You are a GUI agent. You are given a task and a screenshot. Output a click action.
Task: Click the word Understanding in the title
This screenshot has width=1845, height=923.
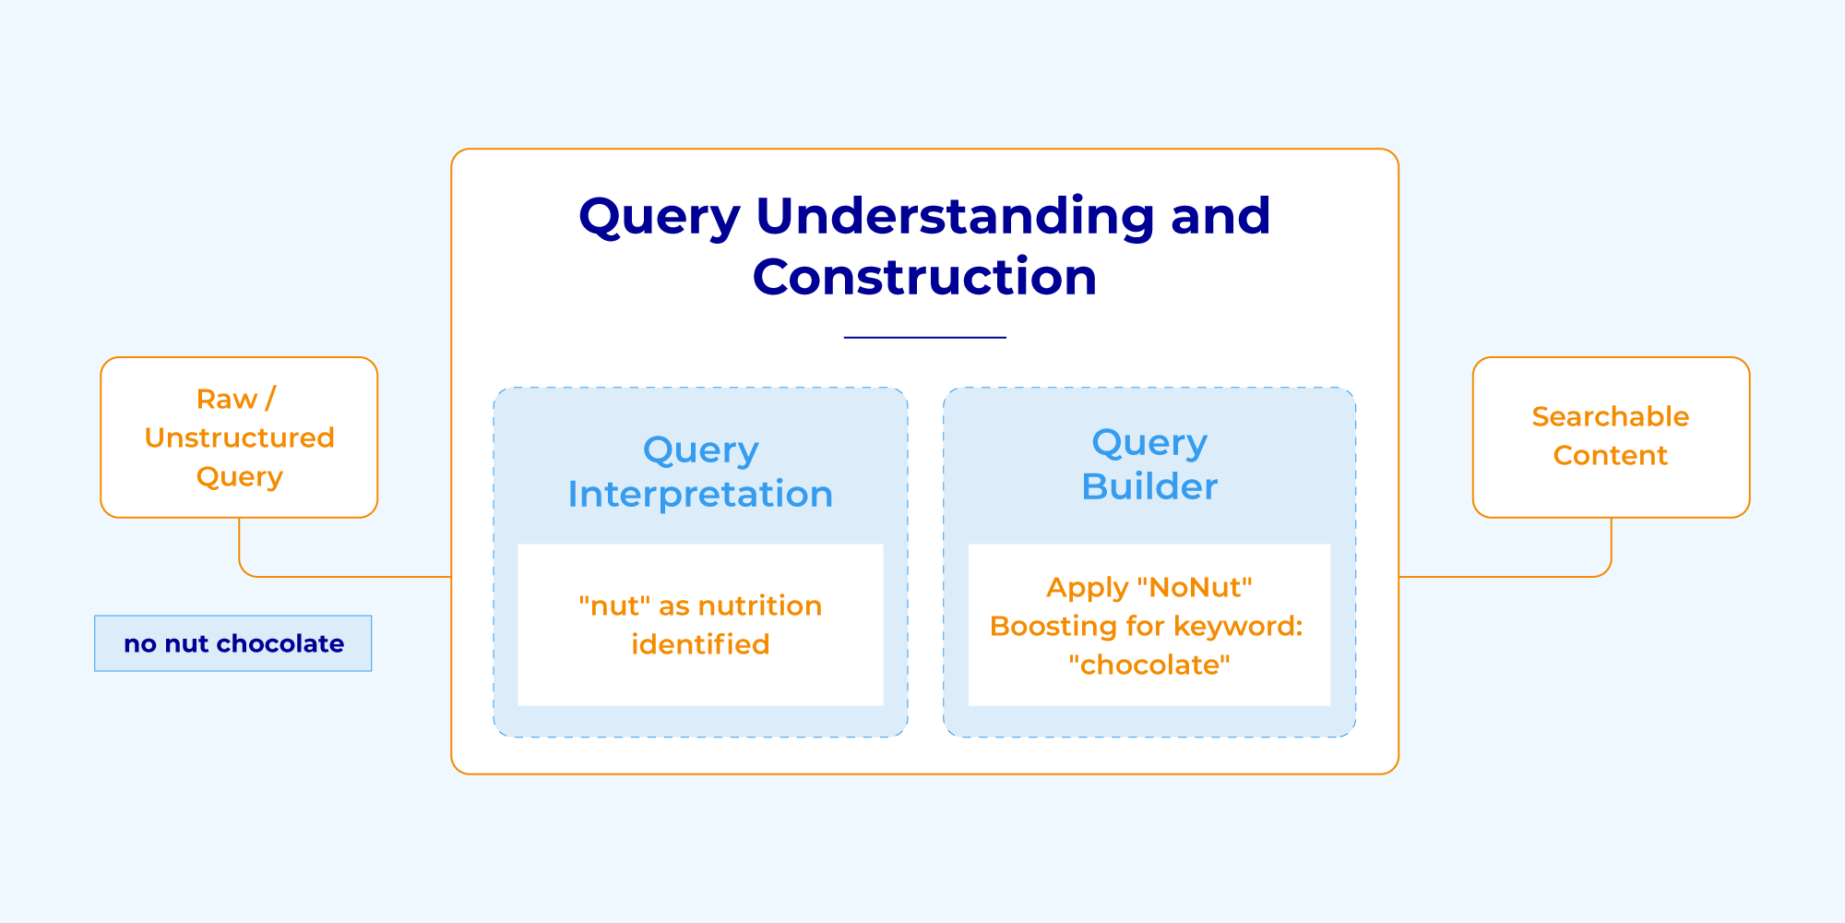(x=955, y=216)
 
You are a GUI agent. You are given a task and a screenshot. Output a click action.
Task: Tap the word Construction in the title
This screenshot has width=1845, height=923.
(x=924, y=277)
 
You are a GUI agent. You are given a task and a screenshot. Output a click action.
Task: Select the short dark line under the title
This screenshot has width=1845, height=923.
(x=924, y=338)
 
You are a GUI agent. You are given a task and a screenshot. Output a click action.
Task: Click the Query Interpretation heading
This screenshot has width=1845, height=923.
(x=700, y=472)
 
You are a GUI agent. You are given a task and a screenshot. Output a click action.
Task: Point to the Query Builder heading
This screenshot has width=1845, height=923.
(x=1149, y=464)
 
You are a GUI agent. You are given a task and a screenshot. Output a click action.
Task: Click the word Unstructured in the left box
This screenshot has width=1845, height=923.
(x=239, y=438)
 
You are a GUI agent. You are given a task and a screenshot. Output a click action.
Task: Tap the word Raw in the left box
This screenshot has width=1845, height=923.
(x=226, y=399)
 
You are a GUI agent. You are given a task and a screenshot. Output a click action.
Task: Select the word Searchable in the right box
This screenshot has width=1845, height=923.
(x=1610, y=416)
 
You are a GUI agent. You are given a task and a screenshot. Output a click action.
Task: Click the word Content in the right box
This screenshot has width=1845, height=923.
(x=1610, y=455)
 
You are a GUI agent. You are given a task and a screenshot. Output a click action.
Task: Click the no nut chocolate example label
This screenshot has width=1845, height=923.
(x=233, y=643)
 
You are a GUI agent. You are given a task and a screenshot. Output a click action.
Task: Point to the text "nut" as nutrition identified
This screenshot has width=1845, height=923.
(x=700, y=625)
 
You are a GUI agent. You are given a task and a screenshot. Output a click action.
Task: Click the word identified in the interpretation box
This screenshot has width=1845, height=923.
(x=700, y=644)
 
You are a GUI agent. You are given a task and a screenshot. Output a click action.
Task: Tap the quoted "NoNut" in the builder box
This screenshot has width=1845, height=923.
(x=1195, y=587)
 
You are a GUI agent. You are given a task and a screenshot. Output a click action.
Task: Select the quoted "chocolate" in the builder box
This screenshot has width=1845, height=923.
(x=1149, y=665)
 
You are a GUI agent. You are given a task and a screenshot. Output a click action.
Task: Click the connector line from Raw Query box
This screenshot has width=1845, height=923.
(x=341, y=577)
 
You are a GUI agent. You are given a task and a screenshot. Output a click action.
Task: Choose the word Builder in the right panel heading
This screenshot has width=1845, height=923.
(x=1149, y=486)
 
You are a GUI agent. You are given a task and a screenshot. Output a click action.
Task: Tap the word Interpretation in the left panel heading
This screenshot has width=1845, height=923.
(x=700, y=495)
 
